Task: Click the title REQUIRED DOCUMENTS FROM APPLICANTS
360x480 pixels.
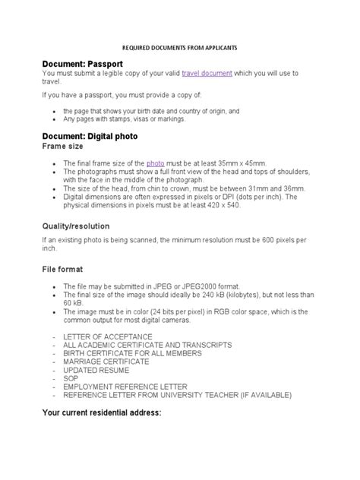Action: point(180,46)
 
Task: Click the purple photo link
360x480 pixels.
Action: point(155,163)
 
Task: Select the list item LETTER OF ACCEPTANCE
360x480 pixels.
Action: point(109,336)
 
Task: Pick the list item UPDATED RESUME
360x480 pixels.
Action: point(96,370)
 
